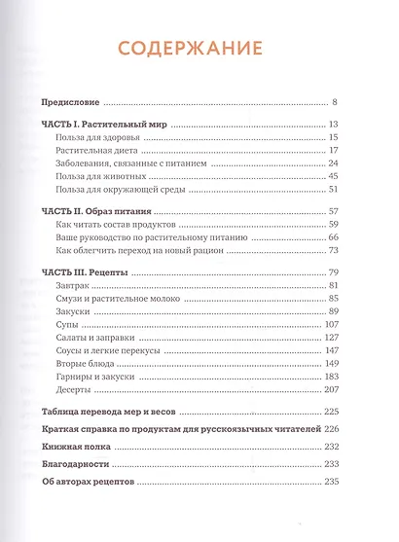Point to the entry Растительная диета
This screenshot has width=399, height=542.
click(x=101, y=151)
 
